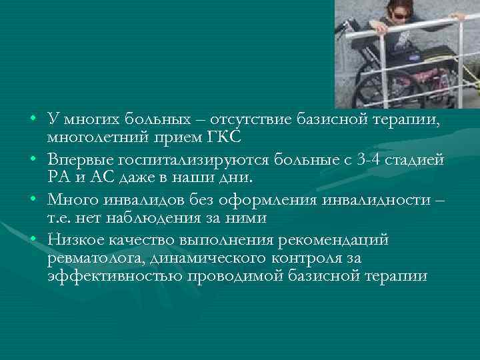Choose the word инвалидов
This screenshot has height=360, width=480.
(133, 197)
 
